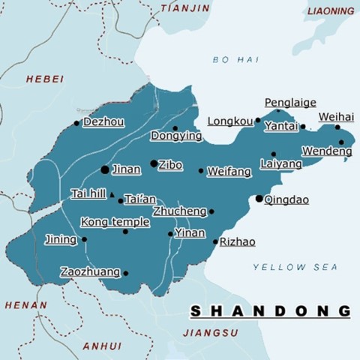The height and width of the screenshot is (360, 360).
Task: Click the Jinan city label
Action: (x=126, y=169)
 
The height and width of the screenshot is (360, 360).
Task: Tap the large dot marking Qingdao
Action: (x=259, y=199)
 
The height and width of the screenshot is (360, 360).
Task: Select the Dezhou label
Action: (x=103, y=121)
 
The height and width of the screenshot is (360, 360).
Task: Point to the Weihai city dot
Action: (x=337, y=127)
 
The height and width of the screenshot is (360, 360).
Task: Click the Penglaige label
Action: (x=290, y=103)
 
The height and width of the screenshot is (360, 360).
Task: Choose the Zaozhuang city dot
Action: (x=126, y=274)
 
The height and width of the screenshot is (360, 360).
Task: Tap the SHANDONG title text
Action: (x=270, y=310)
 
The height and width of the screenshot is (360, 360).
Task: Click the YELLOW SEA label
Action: (x=295, y=267)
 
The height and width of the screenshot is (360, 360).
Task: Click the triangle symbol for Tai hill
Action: (x=111, y=194)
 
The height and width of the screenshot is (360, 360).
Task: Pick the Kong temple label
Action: (x=115, y=222)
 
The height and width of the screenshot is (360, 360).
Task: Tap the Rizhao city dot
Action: (x=215, y=241)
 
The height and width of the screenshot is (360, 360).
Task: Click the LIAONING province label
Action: (x=331, y=11)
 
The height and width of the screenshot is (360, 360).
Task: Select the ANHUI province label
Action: (x=101, y=346)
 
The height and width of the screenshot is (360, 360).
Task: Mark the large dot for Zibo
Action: (x=154, y=163)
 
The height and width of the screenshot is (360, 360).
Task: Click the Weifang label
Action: (x=229, y=172)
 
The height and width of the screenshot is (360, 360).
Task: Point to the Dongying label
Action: (x=176, y=136)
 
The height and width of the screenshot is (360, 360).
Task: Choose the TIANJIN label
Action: (x=185, y=8)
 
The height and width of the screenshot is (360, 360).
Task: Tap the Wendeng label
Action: (x=328, y=152)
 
